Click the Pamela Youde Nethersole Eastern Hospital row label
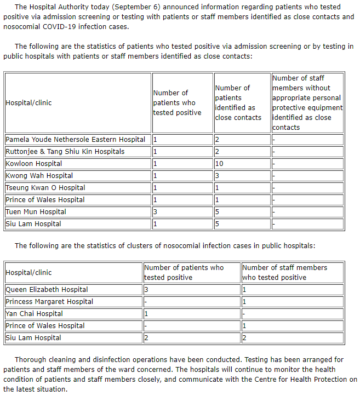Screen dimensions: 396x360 [x=76, y=140]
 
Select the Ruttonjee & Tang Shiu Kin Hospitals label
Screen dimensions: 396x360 [x=65, y=152]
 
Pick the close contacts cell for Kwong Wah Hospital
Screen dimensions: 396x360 [x=242, y=176]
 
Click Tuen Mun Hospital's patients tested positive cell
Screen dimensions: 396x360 [x=182, y=212]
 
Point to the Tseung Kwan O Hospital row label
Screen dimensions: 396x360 [x=45, y=188]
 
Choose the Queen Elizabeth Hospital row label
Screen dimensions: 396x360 [x=47, y=290]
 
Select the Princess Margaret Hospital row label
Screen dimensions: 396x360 [x=49, y=302]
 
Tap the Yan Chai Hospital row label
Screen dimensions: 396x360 [x=34, y=314]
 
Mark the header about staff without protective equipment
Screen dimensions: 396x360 [x=307, y=102]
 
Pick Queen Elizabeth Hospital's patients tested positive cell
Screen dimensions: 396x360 [x=191, y=290]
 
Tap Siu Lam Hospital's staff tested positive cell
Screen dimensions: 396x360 [x=293, y=338]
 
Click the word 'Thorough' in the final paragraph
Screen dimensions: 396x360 [x=31, y=360]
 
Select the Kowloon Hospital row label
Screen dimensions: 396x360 [x=33, y=164]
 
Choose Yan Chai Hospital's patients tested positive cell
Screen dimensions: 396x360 [x=191, y=314]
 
